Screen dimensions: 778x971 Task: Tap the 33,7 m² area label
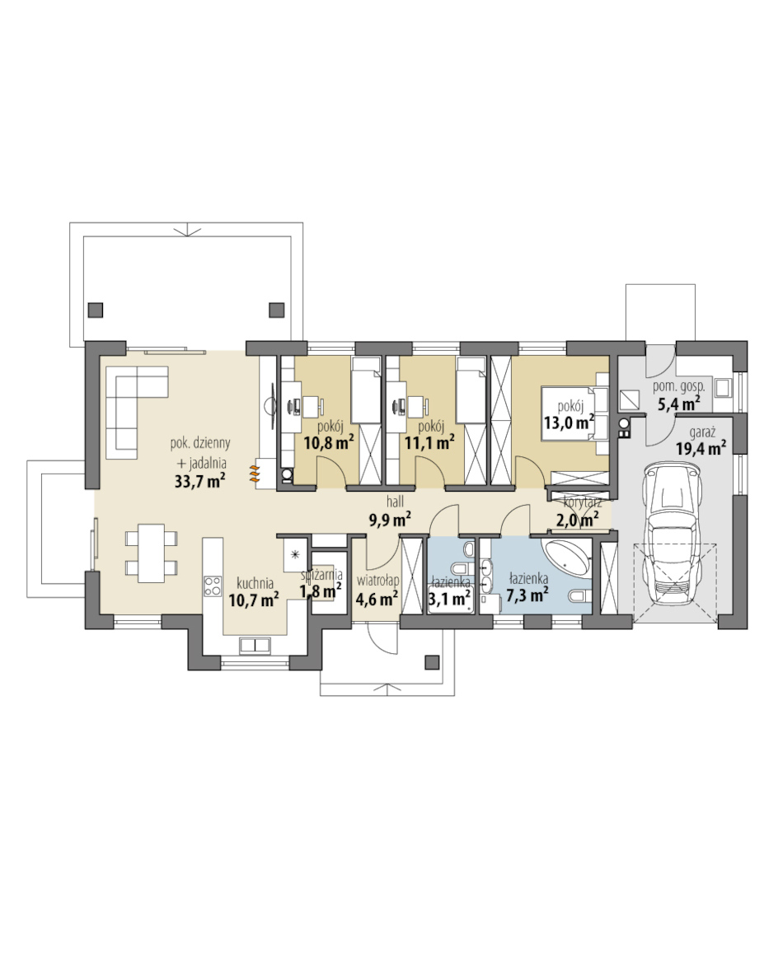coord(199,481)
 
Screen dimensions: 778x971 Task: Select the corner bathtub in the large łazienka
coord(567,557)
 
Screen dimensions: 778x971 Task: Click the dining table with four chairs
coord(152,553)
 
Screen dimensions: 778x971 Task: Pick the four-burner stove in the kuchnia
coord(213,586)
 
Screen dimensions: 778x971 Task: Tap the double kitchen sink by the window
coord(255,645)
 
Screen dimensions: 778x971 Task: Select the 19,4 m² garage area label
coord(701,448)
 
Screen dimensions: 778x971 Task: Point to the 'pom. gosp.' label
coord(679,386)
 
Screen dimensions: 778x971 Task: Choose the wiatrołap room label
coord(377,581)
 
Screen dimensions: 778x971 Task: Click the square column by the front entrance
coord(432,662)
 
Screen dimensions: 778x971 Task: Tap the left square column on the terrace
coord(96,310)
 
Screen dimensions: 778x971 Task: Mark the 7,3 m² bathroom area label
coord(527,595)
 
